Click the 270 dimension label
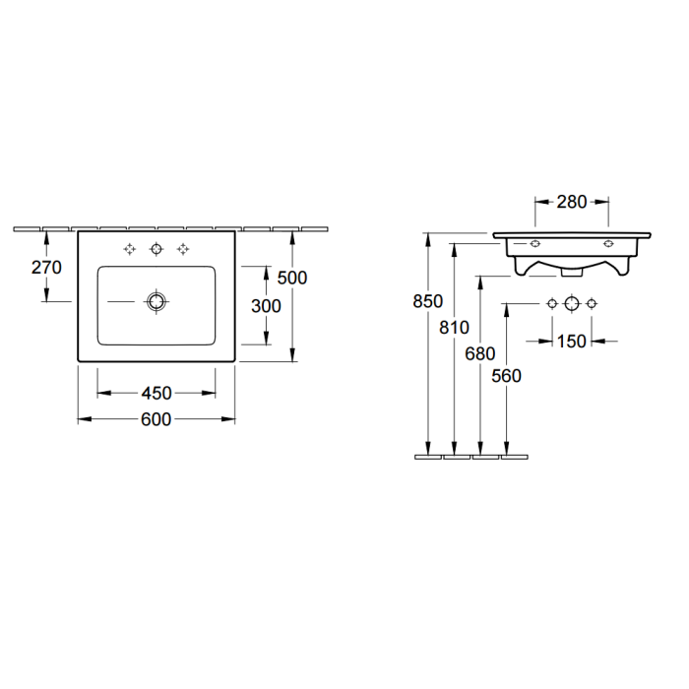point(46,267)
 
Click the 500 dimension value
point(292,278)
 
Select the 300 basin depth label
point(266,306)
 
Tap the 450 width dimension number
point(157,394)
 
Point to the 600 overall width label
point(156,419)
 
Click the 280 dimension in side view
point(572,202)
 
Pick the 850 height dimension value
point(427,301)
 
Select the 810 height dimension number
point(454,328)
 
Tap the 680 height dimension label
point(480,353)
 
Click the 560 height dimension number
point(506,376)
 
